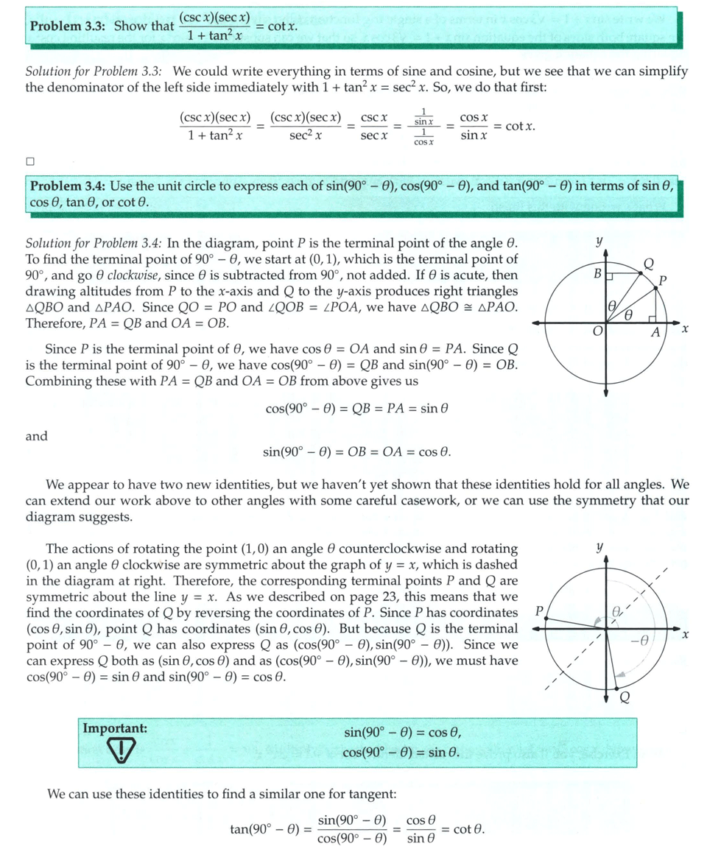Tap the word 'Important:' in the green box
click(x=115, y=728)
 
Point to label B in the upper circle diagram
click(x=598, y=274)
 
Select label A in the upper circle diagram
click(x=655, y=332)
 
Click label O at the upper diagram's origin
click(x=598, y=333)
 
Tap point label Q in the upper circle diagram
click(x=648, y=264)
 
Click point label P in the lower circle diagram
click(x=539, y=610)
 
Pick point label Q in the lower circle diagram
click(x=625, y=698)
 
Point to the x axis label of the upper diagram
click(x=685, y=328)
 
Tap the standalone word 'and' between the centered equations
click(x=36, y=437)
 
